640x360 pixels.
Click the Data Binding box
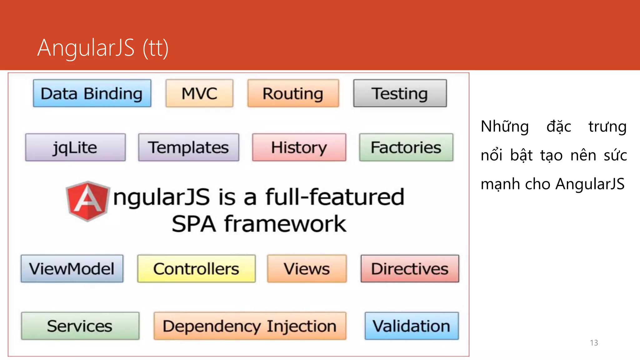pyautogui.click(x=92, y=93)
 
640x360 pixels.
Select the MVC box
pyautogui.click(x=199, y=93)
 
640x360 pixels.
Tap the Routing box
pyautogui.click(x=293, y=93)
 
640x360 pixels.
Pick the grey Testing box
pyautogui.click(x=400, y=93)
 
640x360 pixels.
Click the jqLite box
pyautogui.click(x=75, y=147)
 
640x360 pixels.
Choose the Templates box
pyautogui.click(x=188, y=147)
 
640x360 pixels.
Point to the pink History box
pyautogui.click(x=299, y=147)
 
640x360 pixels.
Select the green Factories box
pyautogui.click(x=406, y=147)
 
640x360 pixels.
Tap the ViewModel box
pyautogui.click(x=72, y=269)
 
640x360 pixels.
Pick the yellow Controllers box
pyautogui.click(x=196, y=269)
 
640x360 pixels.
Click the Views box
pyautogui.click(x=307, y=269)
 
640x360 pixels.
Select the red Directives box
pyautogui.click(x=410, y=269)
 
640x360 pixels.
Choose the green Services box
pyautogui.click(x=80, y=326)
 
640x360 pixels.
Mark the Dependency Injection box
pyautogui.click(x=250, y=326)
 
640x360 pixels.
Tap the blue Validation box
pyautogui.click(x=412, y=326)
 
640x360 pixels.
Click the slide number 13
pyautogui.click(x=594, y=343)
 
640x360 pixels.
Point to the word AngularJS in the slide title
pyautogui.click(x=86, y=48)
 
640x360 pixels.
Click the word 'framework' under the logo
pyautogui.click(x=285, y=224)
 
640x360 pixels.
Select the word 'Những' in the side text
pyautogui.click(x=504, y=127)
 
